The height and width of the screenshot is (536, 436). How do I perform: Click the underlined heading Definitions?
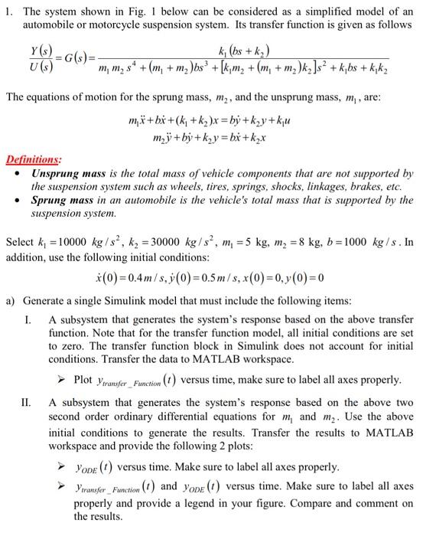tap(34, 159)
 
